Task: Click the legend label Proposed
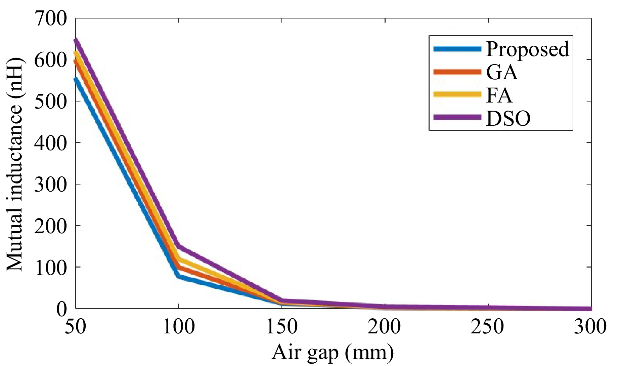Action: click(528, 49)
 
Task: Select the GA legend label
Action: click(502, 72)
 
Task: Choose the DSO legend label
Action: click(508, 118)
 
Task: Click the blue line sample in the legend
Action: click(457, 49)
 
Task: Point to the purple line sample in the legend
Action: click(457, 117)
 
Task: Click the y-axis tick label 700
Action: click(50, 19)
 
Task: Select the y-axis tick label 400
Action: click(50, 143)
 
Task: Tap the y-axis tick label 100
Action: click(50, 267)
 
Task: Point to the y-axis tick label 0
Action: click(61, 309)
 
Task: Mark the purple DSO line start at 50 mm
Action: click(76, 40)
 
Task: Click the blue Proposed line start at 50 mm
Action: click(76, 80)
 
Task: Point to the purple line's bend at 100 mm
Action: click(179, 246)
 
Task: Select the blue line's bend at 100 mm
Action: click(178, 276)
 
